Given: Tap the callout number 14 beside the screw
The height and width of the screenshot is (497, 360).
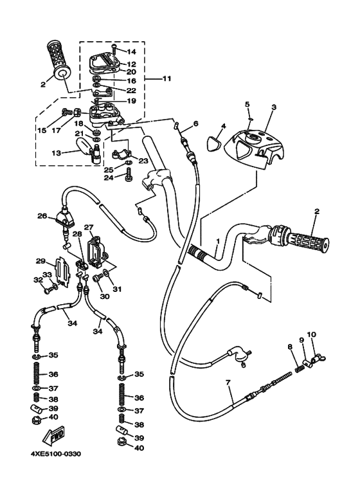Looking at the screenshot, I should (132, 51).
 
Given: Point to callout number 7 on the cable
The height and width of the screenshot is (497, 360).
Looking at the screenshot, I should (228, 384).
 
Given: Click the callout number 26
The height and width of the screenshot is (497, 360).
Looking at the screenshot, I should (42, 216).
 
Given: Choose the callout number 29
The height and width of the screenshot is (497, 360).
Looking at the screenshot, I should (40, 262).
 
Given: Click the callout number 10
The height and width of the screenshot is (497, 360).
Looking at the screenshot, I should (311, 334).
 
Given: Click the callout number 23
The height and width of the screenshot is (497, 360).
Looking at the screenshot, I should (143, 161).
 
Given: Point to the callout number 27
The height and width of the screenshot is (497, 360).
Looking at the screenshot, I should (89, 227).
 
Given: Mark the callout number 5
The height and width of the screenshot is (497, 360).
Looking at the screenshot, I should (246, 105).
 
